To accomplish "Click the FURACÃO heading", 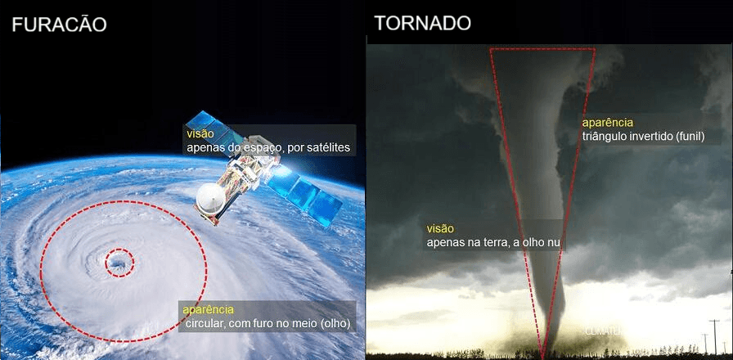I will coord(59,25).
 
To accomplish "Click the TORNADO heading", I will coord(422,23).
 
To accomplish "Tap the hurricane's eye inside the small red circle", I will coord(119,263).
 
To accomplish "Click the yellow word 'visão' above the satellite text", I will coord(200,133).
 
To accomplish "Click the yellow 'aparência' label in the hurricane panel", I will coord(208,309).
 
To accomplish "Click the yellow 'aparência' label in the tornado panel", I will coord(607,122).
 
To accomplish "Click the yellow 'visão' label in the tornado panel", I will coord(440,228).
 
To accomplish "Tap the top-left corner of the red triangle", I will coord(490,49).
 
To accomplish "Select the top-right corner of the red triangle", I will coord(595,49).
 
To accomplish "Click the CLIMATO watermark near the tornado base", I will coord(604,331).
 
